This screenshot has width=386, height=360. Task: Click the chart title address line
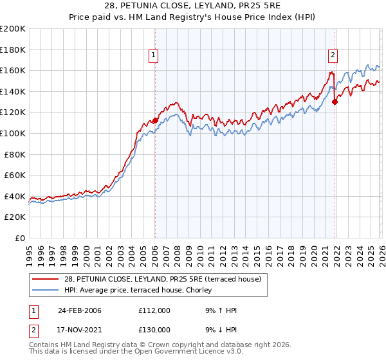(x=192, y=5)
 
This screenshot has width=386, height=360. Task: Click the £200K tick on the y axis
(x=13, y=29)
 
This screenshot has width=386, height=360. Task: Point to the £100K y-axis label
(x=13, y=133)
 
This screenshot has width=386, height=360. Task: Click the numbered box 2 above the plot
(x=333, y=55)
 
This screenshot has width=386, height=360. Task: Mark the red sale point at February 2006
(x=155, y=120)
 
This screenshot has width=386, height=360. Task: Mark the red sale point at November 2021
(x=335, y=102)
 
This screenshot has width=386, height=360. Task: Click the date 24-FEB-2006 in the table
(x=80, y=310)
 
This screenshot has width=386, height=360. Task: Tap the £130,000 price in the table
(x=154, y=329)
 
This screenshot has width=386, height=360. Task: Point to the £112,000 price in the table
(x=154, y=310)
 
